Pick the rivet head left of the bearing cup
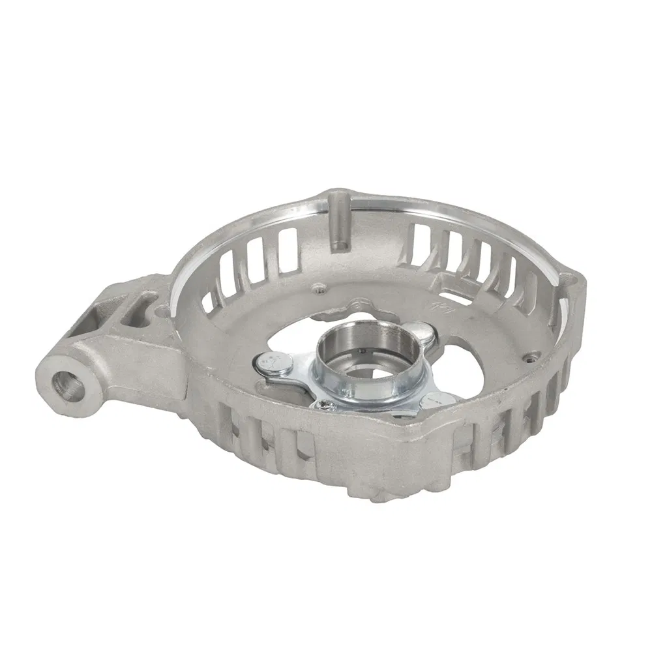pyautogui.click(x=274, y=363)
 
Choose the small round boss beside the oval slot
pyautogui.click(x=156, y=302)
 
